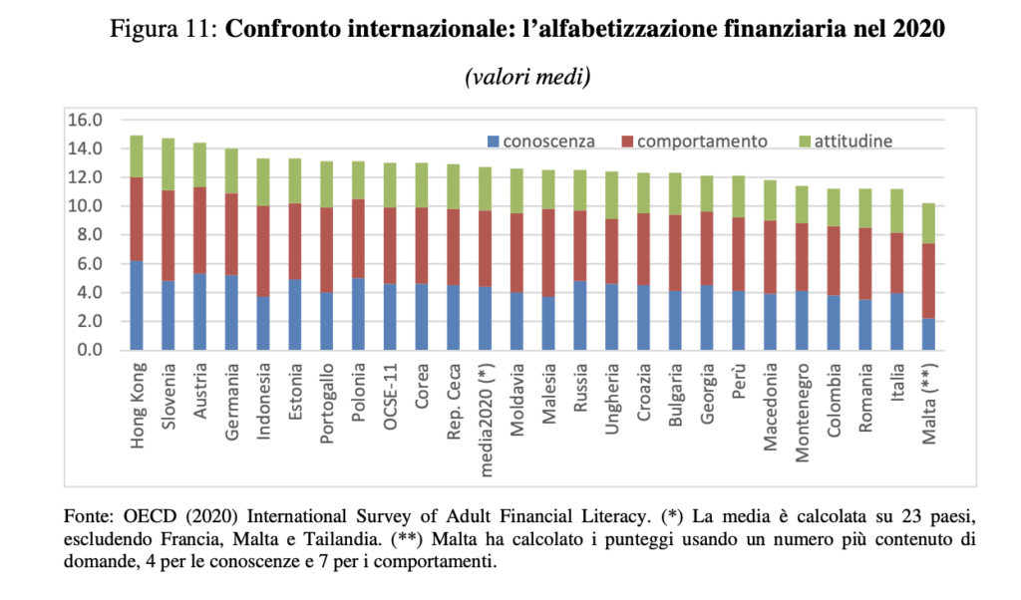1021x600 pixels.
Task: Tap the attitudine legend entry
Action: point(853,141)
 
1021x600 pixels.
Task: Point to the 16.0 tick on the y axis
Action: point(85,120)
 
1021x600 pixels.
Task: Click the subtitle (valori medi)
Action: point(527,77)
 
